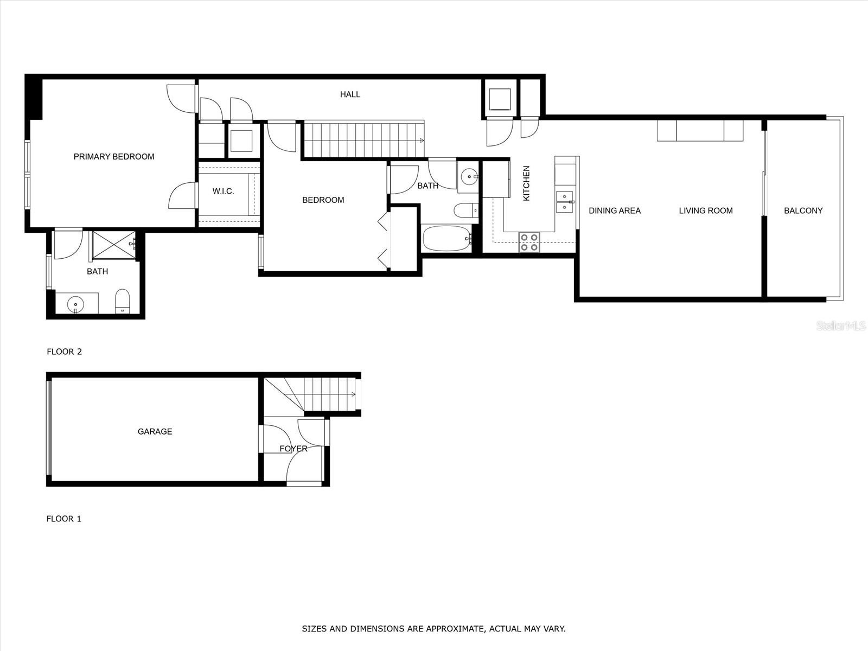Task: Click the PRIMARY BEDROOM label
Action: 114,157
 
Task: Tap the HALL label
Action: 350,94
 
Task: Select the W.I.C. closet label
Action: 223,192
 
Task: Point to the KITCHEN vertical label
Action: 526,183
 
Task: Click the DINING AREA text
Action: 615,210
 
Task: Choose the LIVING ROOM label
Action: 706,210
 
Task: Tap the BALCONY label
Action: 803,210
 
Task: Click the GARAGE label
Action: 155,431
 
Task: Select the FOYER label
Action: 293,449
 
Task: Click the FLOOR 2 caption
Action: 64,352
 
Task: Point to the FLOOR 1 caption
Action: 63,519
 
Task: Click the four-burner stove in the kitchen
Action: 529,242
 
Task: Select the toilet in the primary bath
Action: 122,301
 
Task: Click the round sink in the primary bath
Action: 75,304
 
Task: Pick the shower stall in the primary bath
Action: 114,245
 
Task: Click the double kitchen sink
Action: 565,202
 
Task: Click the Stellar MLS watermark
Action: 840,326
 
